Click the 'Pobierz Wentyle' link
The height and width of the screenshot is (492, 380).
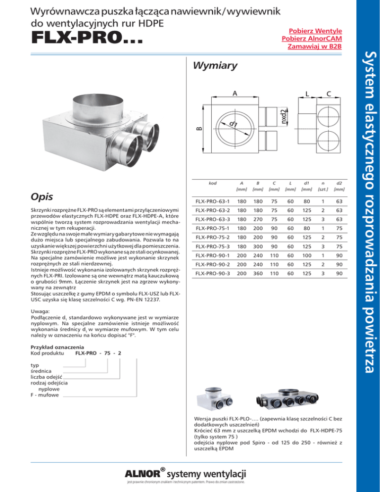point(315,31)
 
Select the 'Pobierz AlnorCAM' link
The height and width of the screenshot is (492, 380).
point(312,39)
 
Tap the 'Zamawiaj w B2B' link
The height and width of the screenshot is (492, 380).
point(314,47)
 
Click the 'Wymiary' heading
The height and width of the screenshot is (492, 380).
point(215,65)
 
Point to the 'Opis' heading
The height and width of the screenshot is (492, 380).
point(42,197)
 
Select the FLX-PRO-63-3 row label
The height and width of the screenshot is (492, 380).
point(212,219)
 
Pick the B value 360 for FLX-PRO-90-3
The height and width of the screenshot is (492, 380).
point(258,273)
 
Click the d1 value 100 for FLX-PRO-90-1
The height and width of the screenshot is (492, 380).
point(307,255)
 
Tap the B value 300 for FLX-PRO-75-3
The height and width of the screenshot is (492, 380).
point(258,246)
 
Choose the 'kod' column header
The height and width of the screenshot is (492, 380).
point(213,183)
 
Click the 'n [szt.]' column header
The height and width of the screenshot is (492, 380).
point(323,186)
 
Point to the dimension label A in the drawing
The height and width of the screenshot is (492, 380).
point(235,93)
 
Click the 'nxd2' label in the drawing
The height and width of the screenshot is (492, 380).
point(284,116)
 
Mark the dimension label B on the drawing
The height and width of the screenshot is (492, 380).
point(199,129)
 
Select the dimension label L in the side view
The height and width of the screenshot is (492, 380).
point(307,94)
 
